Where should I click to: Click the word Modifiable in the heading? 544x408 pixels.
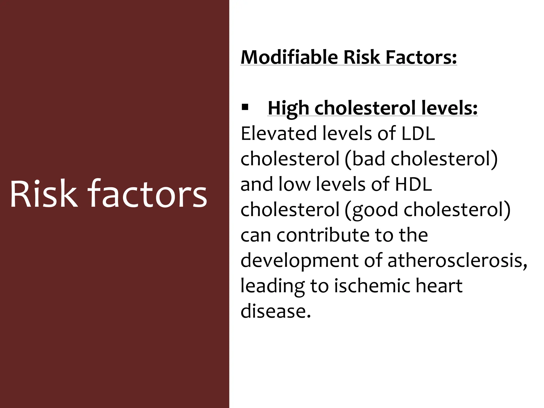point(289,57)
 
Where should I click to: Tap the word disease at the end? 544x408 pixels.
point(275,311)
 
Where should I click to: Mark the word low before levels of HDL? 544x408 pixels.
point(294,184)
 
